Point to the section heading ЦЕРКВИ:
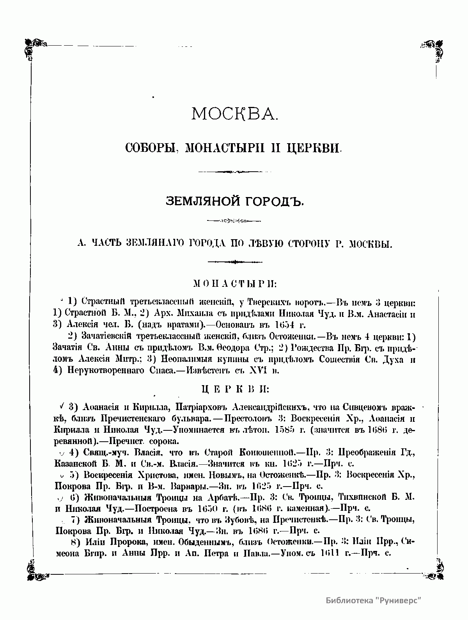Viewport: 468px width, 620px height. (x=235, y=389)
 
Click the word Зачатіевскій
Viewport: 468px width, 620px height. (x=106, y=336)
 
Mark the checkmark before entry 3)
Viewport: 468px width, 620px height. (x=62, y=406)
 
